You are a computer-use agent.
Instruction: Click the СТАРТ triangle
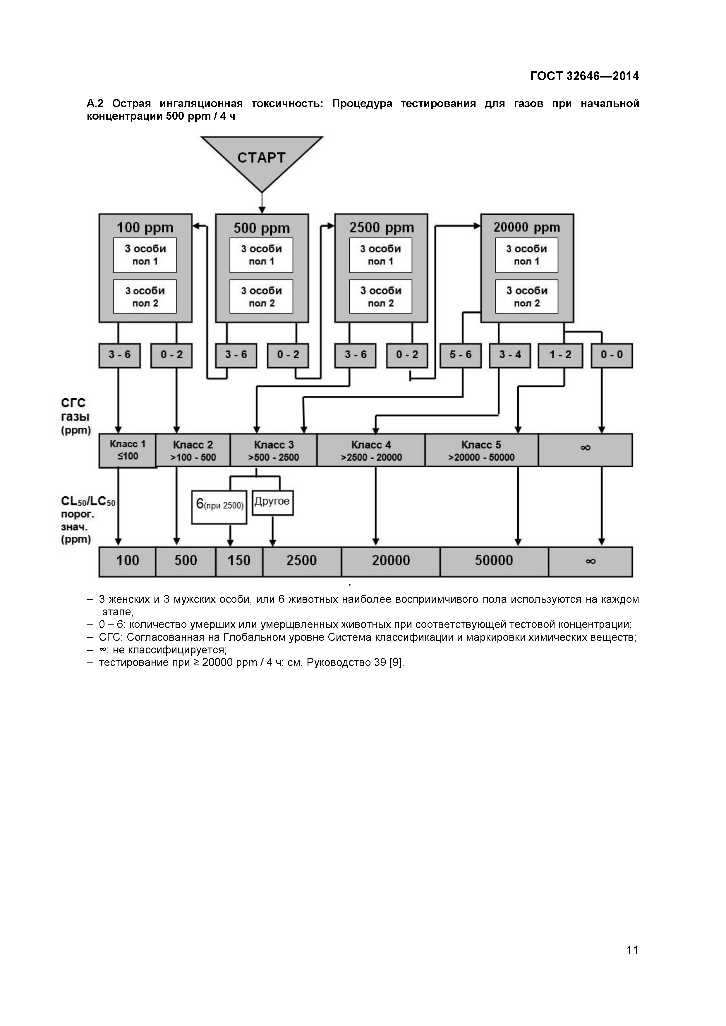[x=262, y=159]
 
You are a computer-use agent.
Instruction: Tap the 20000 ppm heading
[x=527, y=228]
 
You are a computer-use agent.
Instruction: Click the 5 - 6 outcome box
[x=461, y=355]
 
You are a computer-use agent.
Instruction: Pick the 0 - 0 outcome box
[x=612, y=355]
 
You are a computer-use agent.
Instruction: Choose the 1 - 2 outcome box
[x=560, y=355]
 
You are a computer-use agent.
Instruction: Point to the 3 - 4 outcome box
[x=510, y=355]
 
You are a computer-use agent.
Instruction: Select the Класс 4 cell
[x=371, y=450]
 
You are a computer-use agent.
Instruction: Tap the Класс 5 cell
[x=481, y=450]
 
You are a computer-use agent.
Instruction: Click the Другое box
[x=272, y=502]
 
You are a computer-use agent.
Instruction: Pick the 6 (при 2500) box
[x=219, y=506]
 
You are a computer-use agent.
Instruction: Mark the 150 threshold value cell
[x=239, y=561]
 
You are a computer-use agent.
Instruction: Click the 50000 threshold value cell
[x=494, y=561]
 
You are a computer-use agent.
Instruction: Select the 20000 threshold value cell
[x=391, y=561]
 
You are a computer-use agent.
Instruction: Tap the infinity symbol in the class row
[x=585, y=448]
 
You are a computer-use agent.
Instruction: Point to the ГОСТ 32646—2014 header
[x=584, y=76]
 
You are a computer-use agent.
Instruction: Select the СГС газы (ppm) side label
[x=75, y=416]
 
